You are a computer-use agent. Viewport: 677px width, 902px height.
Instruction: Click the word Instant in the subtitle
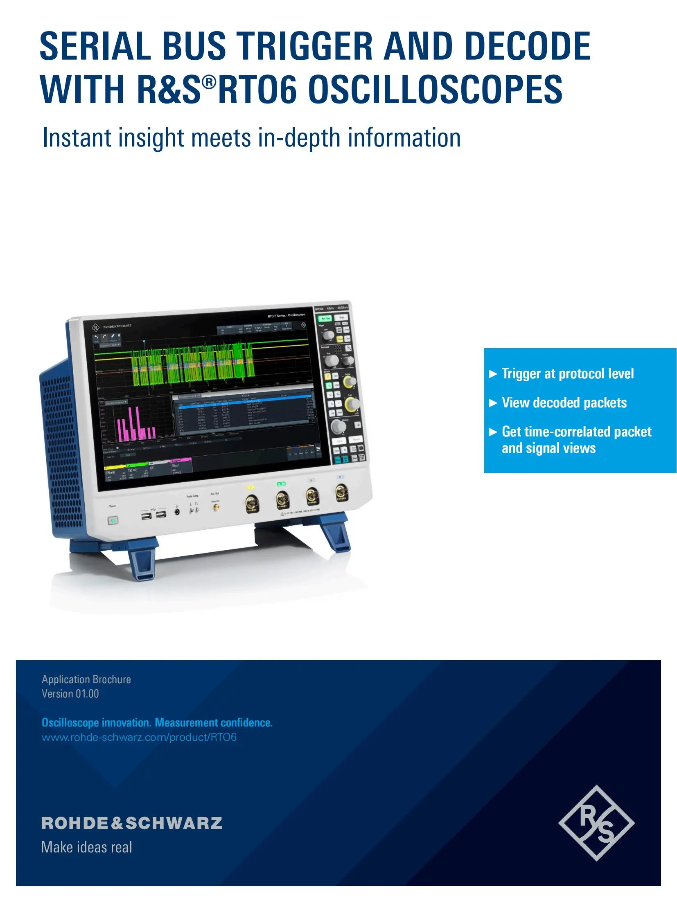click(77, 138)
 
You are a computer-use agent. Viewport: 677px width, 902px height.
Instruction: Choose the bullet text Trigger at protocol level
click(567, 373)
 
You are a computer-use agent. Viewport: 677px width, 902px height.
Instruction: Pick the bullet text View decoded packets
click(564, 403)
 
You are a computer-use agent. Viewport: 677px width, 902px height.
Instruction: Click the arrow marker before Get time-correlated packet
click(493, 432)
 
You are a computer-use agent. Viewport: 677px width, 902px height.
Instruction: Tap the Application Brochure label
click(86, 679)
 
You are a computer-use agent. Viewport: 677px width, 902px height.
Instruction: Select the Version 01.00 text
click(70, 694)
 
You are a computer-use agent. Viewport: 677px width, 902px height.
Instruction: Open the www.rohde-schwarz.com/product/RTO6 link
click(139, 738)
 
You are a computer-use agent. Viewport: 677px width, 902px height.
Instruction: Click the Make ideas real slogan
click(87, 847)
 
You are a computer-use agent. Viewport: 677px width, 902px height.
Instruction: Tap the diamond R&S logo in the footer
click(596, 823)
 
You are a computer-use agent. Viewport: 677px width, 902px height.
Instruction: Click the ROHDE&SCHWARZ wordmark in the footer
click(132, 823)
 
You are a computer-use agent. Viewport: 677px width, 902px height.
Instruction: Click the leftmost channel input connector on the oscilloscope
click(251, 503)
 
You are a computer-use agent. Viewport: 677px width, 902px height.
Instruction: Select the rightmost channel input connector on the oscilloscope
click(341, 492)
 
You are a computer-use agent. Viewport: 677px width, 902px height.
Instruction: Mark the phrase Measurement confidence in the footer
click(213, 723)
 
